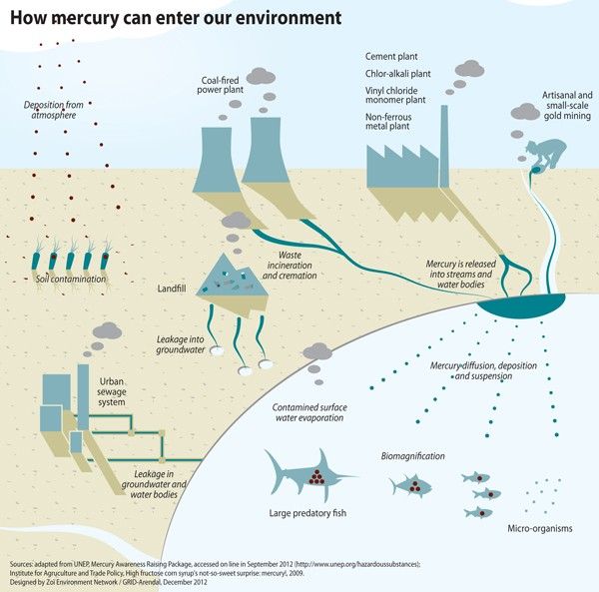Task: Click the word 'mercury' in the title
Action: pos(84,18)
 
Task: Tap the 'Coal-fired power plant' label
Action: pos(220,85)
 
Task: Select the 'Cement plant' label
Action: pos(391,57)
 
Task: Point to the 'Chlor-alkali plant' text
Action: pos(397,74)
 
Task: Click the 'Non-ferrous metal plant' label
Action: pos(388,122)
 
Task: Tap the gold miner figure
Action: pos(546,154)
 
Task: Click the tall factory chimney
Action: pos(444,147)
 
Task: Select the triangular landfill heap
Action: pos(232,276)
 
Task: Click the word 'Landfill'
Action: pos(172,289)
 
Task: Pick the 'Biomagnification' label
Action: pos(412,456)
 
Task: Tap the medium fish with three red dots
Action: pos(410,486)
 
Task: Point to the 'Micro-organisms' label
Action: pos(540,528)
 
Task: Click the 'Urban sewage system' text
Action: pos(111,392)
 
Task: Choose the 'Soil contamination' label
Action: pos(71,280)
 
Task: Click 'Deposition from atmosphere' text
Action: pos(54,110)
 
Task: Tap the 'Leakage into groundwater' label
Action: pos(181,344)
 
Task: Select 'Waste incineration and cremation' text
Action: pos(290,266)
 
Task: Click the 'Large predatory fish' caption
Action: pos(307,513)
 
